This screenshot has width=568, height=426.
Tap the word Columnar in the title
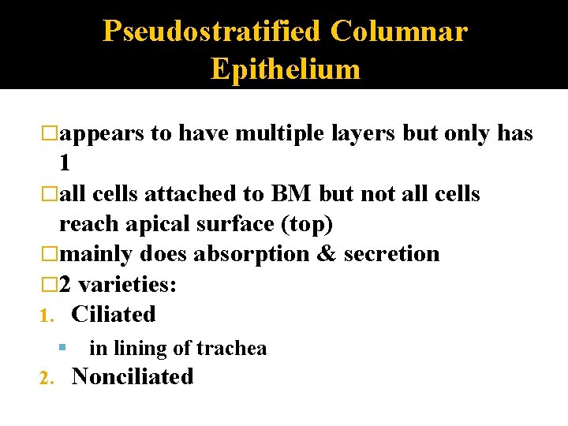399,32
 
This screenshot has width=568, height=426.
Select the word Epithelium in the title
286,69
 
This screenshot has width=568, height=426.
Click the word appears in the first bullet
102,134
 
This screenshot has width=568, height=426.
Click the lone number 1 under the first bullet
65,163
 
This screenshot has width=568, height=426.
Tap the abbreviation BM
291,194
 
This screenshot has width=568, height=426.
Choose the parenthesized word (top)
305,224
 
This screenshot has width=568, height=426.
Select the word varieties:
127,284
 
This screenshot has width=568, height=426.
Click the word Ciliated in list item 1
113,314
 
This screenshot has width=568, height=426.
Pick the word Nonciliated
133,376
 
